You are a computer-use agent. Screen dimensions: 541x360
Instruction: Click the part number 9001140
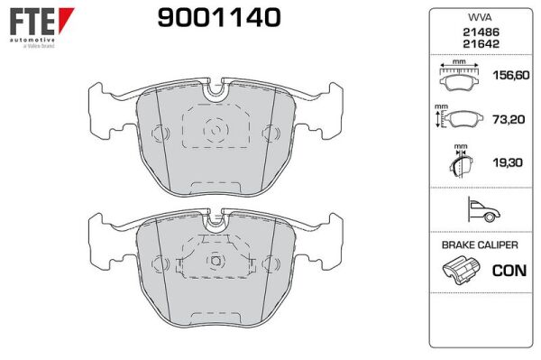click(x=219, y=18)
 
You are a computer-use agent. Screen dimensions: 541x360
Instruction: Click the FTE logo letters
click(x=32, y=22)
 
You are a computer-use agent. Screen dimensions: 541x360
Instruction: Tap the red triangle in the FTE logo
click(x=66, y=20)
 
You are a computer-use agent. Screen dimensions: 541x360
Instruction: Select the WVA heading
click(x=480, y=18)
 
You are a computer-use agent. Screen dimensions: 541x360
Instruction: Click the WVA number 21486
click(x=481, y=32)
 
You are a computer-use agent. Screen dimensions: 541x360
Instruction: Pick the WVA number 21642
click(x=481, y=44)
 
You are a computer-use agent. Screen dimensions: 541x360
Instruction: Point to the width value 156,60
click(x=511, y=75)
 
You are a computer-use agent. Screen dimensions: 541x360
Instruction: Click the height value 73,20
click(x=509, y=119)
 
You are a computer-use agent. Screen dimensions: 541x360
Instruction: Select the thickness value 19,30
click(x=508, y=162)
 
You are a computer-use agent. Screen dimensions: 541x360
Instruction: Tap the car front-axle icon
click(x=483, y=209)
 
